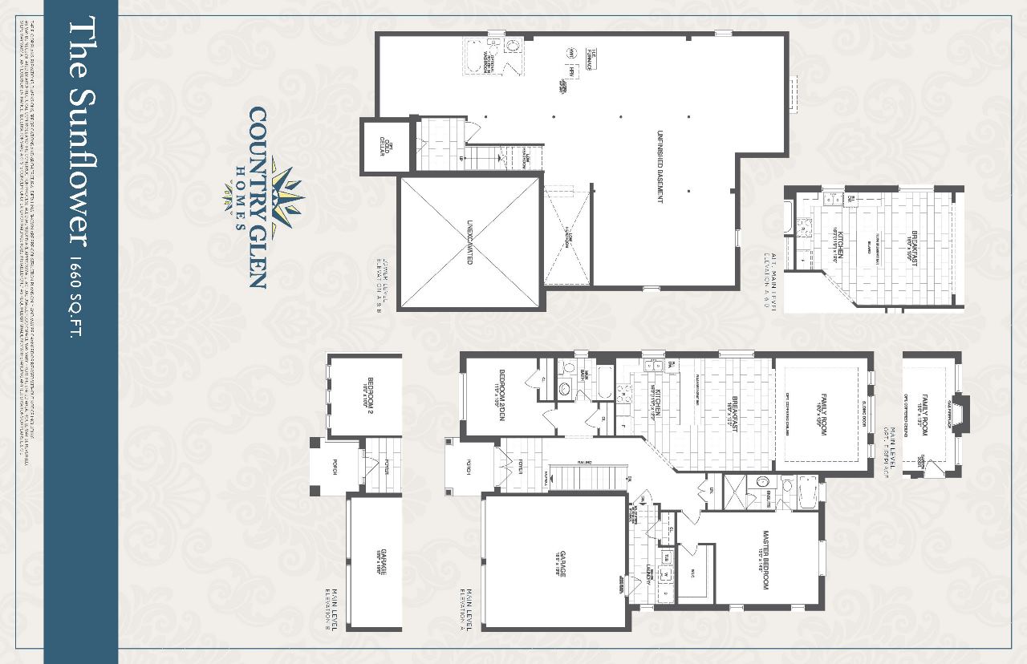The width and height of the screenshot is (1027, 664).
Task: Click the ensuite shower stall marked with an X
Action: [735, 490]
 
